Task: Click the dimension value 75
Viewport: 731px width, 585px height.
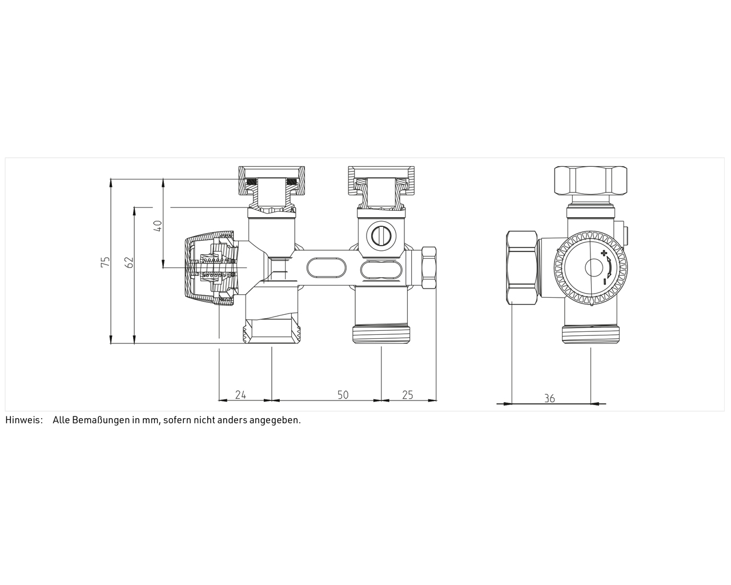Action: (x=106, y=261)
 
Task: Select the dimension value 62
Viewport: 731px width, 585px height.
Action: (x=130, y=262)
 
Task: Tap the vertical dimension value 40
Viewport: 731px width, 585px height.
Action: (x=158, y=226)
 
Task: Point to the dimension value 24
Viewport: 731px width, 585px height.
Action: (x=240, y=395)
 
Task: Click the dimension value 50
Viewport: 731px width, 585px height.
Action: (x=343, y=395)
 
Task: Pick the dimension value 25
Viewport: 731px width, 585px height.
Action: (x=408, y=395)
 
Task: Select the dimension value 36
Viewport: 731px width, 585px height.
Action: (x=549, y=398)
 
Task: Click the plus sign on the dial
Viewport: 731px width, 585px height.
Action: (x=604, y=253)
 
